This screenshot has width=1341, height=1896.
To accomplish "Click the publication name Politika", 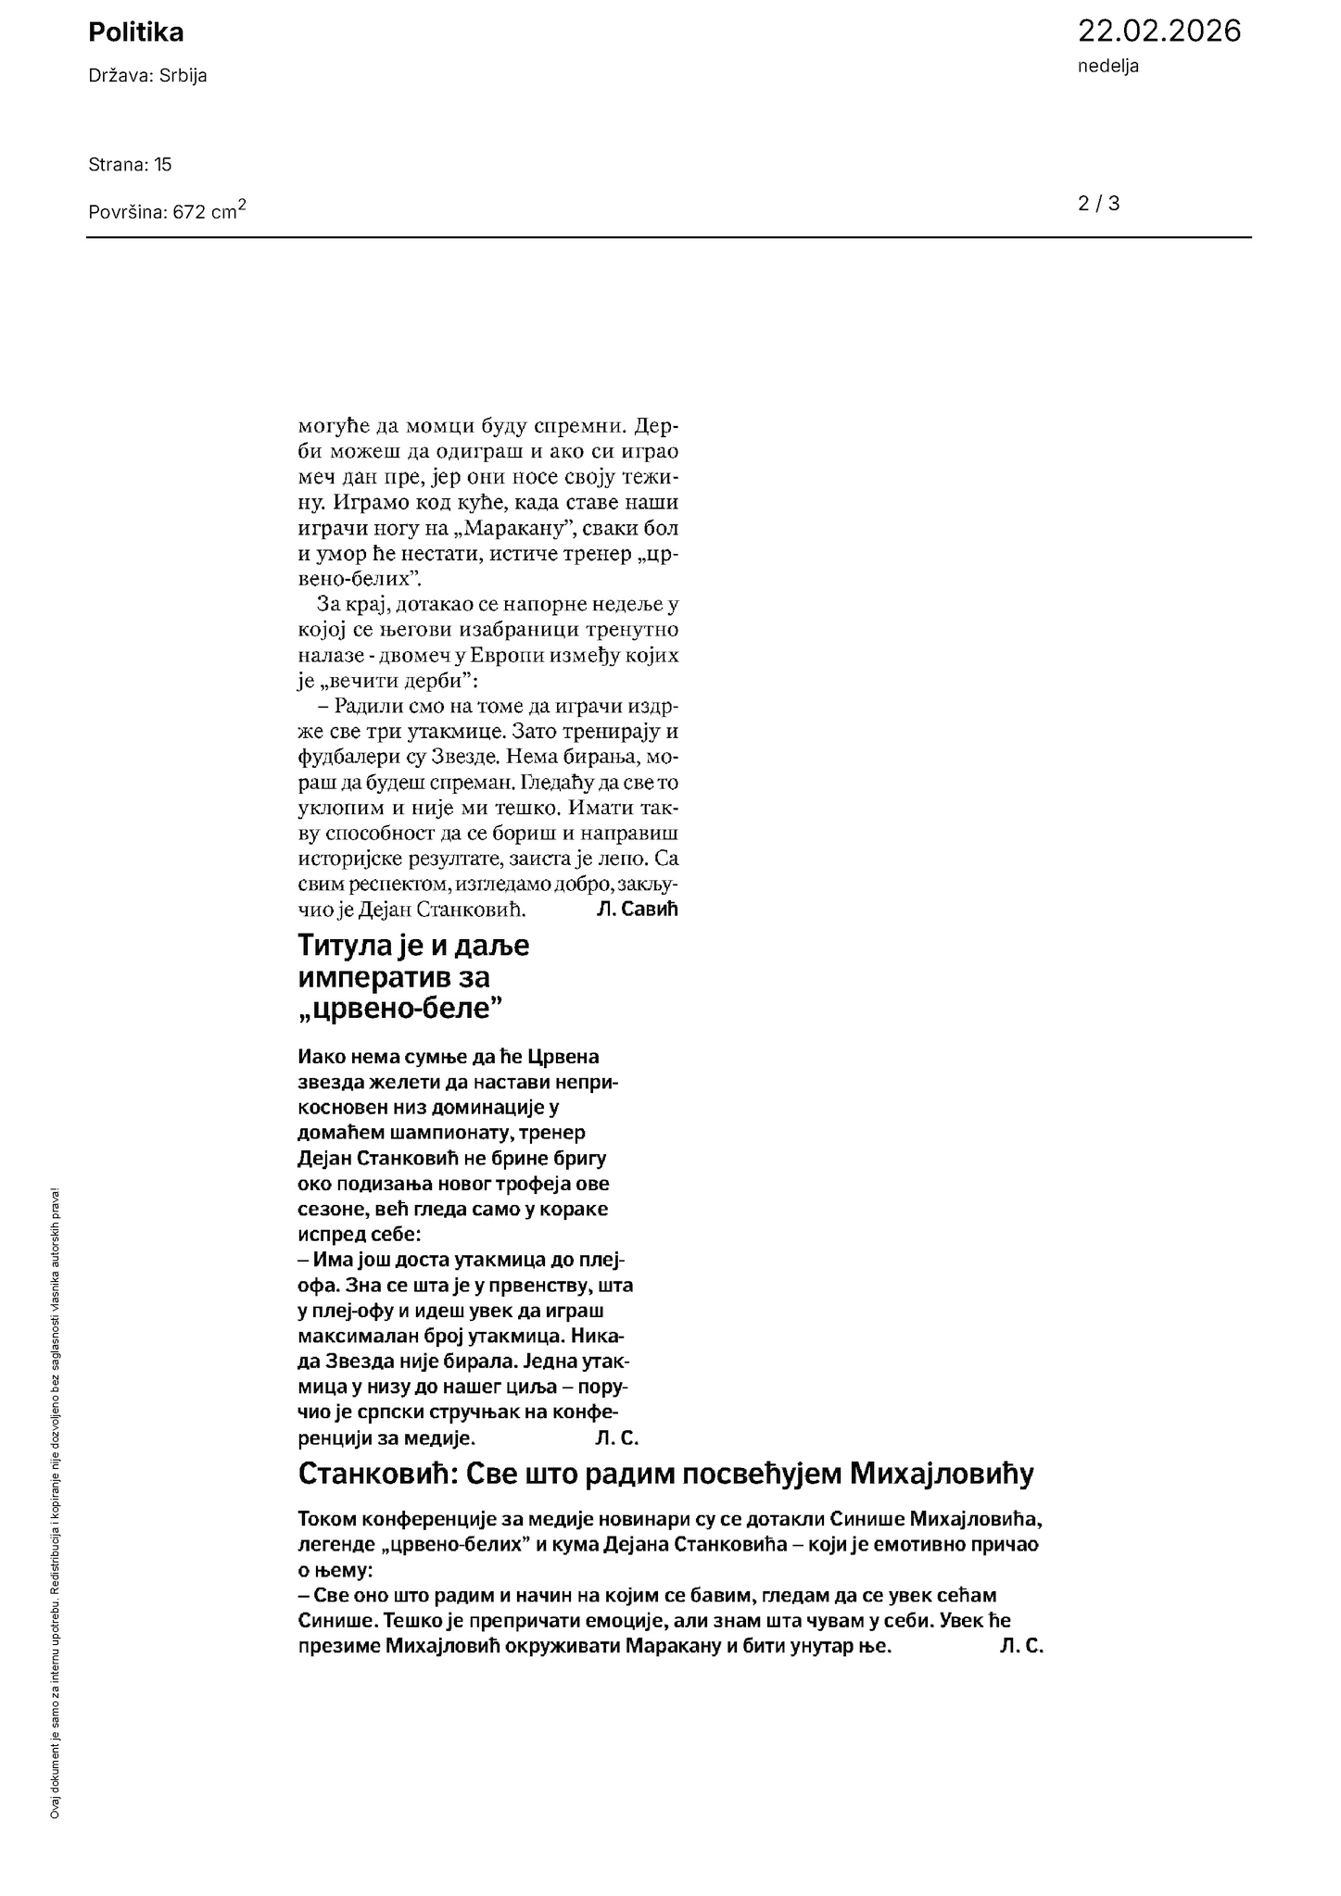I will (x=135, y=32).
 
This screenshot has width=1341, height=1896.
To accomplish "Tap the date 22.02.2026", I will (x=1158, y=31).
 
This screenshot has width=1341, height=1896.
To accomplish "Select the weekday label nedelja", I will (x=1107, y=66).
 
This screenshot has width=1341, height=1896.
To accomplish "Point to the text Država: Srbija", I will (x=147, y=76).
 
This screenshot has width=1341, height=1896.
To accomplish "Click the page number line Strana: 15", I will (x=130, y=165).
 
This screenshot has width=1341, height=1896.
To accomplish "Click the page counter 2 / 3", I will (x=1098, y=204).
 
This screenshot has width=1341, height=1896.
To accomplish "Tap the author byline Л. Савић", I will (x=638, y=909).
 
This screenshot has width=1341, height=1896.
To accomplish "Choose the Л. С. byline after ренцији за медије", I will (x=616, y=1438).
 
